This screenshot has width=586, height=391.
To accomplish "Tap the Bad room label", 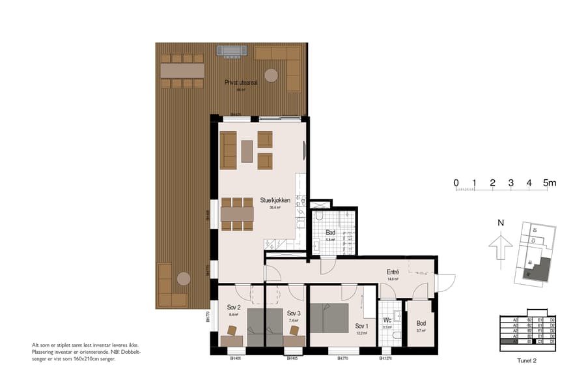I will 330,232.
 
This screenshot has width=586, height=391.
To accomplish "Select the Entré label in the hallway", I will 393,272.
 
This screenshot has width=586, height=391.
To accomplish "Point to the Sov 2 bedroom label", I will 234,307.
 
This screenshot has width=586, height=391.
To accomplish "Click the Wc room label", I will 386,320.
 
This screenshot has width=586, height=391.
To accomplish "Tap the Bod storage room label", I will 421,323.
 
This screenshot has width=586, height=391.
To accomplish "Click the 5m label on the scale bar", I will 549,182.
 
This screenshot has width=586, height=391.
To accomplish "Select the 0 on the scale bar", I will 456,182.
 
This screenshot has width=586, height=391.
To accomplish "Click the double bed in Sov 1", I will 329,317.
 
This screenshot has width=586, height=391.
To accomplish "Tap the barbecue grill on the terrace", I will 232,50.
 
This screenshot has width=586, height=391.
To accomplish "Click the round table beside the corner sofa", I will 271,75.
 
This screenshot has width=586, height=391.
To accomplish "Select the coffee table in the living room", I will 247,151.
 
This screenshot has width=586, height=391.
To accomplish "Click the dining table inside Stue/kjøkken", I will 237,214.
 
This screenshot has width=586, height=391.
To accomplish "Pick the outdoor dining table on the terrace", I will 182,70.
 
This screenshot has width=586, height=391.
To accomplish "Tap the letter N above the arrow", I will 500,223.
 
